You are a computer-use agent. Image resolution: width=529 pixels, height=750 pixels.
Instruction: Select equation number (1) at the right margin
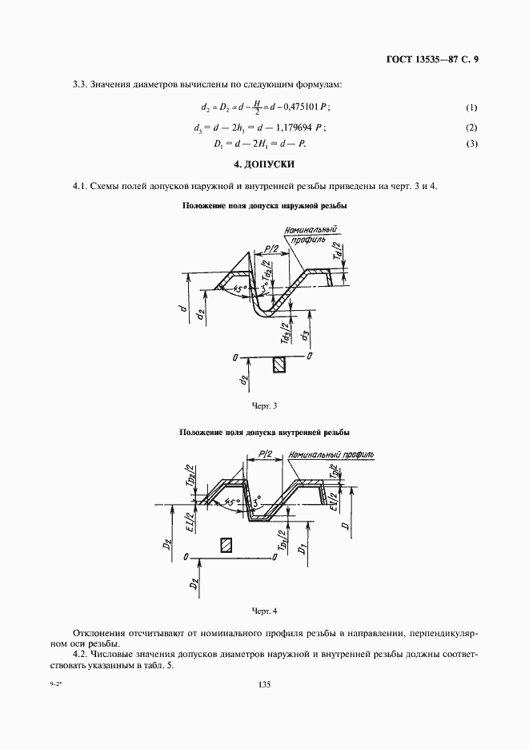pyautogui.click(x=471, y=107)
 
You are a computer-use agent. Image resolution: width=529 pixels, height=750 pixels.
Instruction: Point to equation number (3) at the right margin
pyautogui.click(x=471, y=143)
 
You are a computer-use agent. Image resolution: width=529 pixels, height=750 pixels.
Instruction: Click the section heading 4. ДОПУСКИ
pyautogui.click(x=264, y=164)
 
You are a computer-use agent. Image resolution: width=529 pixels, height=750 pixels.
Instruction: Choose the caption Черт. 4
pyautogui.click(x=264, y=611)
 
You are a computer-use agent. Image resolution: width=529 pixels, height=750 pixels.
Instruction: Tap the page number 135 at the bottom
pyautogui.click(x=264, y=684)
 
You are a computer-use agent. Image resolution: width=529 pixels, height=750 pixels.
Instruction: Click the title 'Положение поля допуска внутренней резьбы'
pyautogui.click(x=264, y=433)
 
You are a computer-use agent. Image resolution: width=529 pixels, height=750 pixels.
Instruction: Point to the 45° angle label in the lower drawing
pyautogui.click(x=233, y=502)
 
